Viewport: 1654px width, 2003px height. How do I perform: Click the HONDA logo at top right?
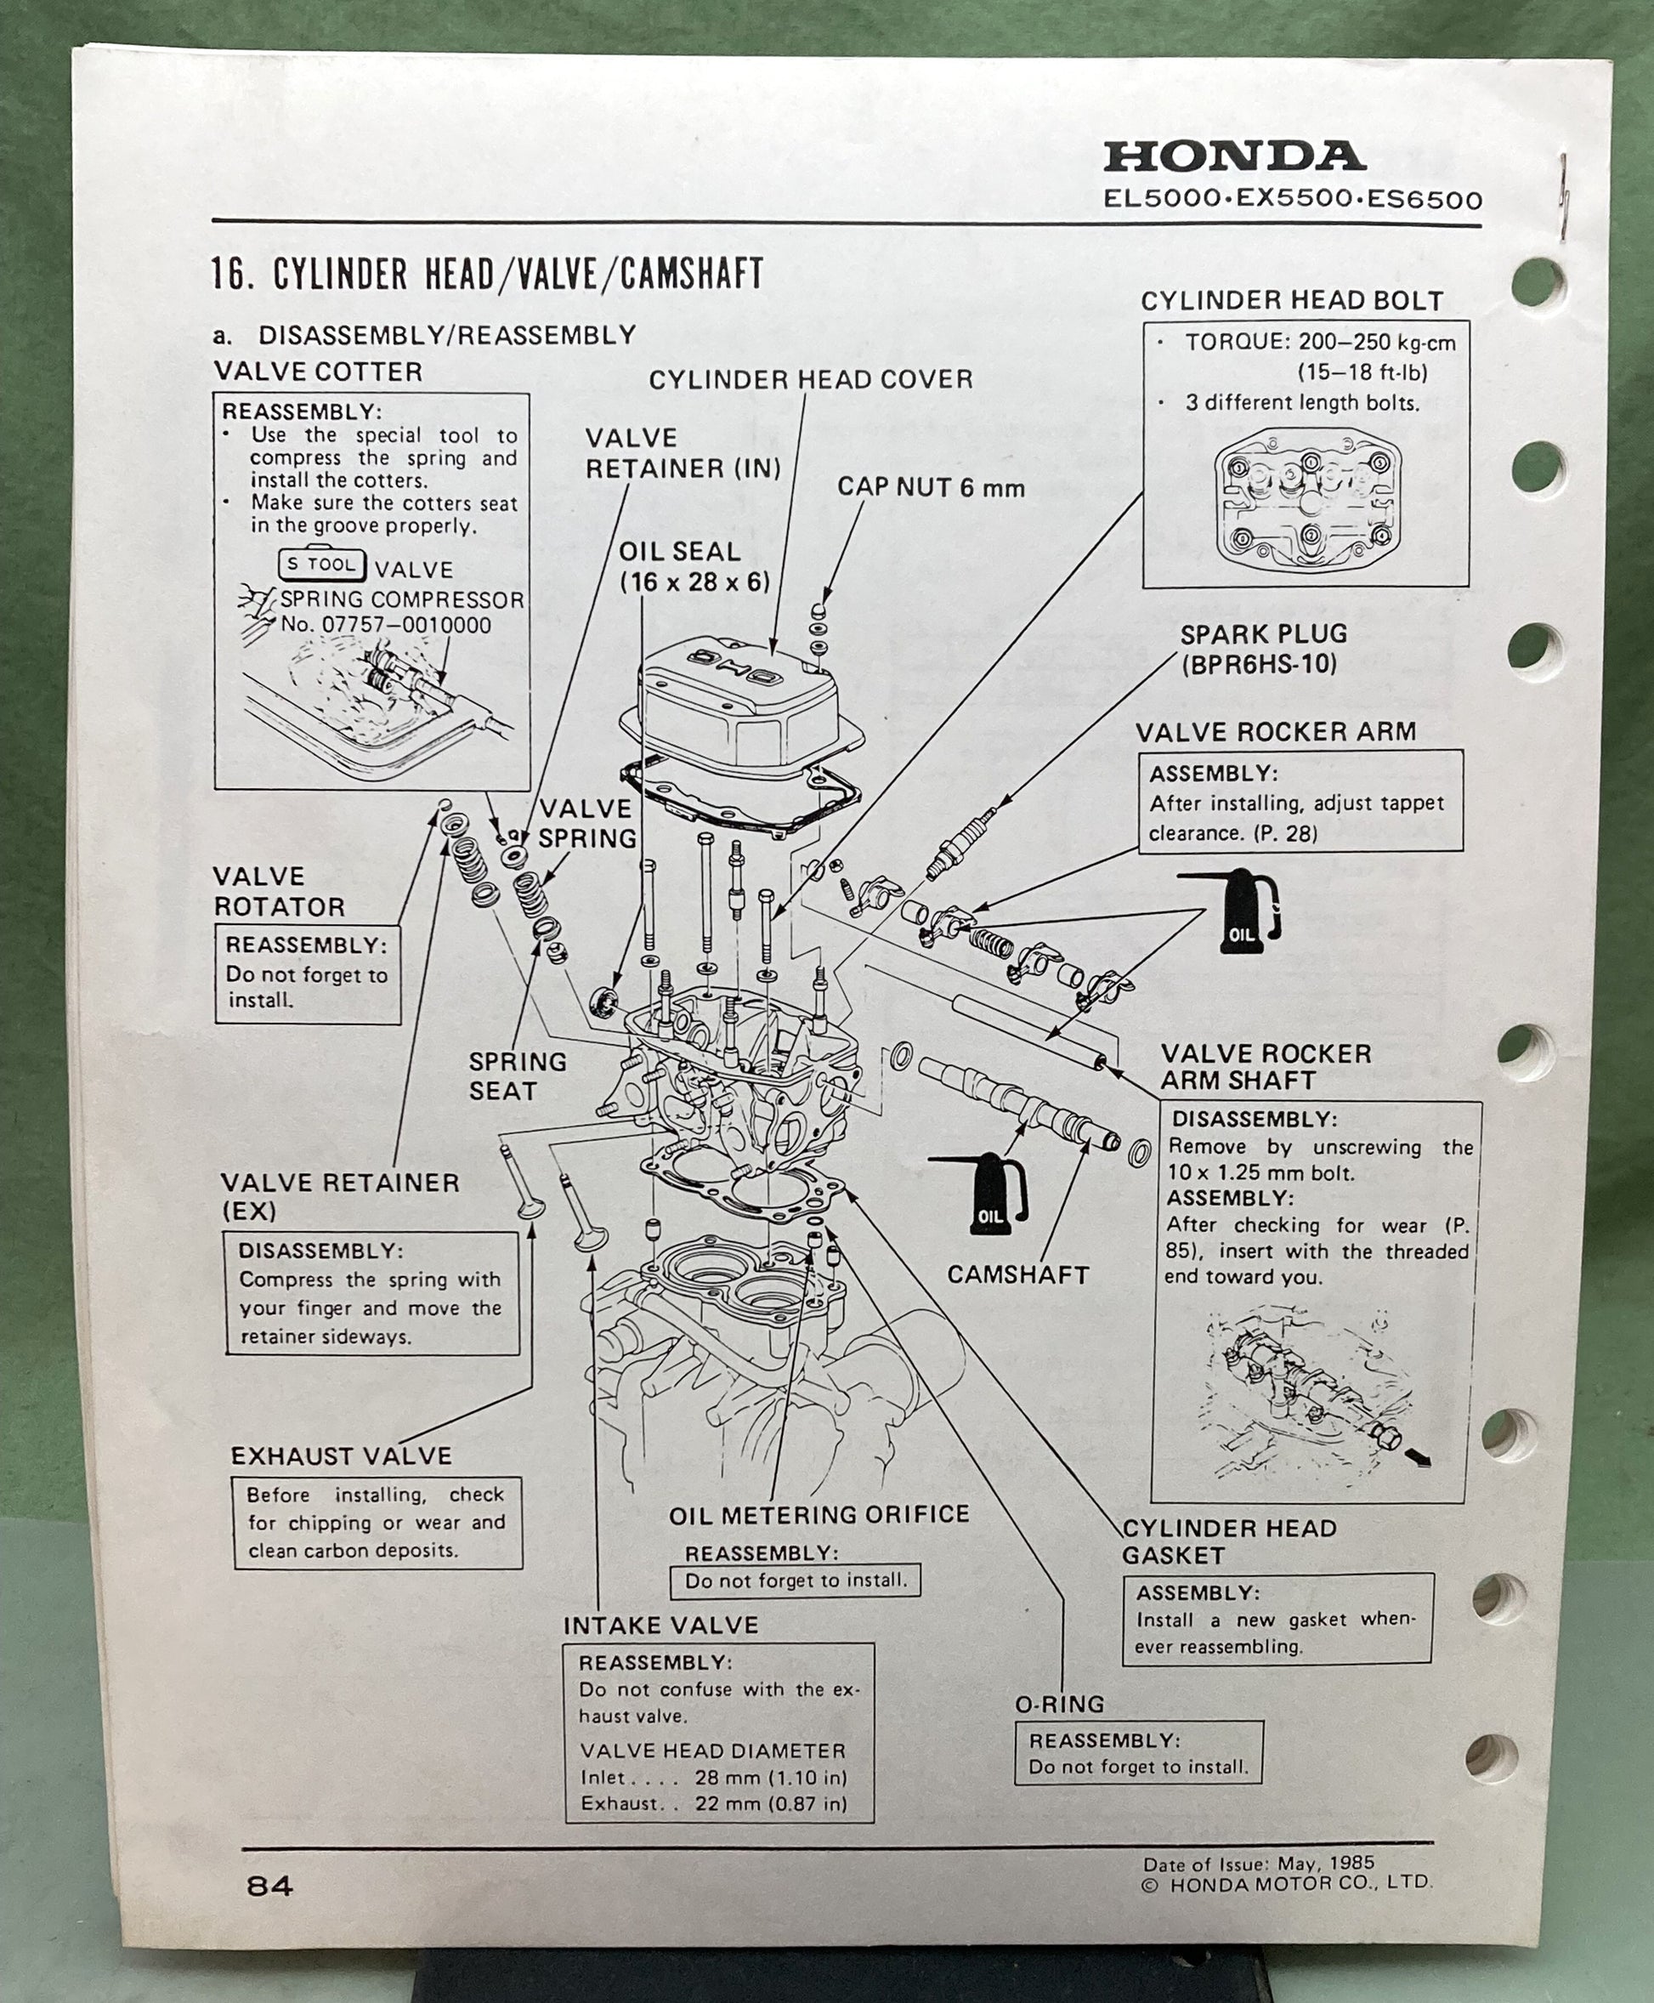1234,156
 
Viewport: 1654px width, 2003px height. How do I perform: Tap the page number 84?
269,1886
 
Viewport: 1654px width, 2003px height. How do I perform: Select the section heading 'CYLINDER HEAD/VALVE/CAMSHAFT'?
518,275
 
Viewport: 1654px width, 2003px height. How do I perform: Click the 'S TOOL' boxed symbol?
321,565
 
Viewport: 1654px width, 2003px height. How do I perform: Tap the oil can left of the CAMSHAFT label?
991,1192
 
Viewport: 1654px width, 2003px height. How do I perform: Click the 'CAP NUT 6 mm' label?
931,487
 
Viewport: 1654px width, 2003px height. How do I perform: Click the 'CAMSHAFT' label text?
1017,1275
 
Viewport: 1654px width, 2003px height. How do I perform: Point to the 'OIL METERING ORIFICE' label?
819,1514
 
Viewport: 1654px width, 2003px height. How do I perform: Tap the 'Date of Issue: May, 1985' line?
1259,1863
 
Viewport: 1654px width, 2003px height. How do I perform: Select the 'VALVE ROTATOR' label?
278,891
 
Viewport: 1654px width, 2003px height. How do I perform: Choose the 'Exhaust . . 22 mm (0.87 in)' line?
714,1803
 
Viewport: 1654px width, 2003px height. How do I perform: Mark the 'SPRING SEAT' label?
517,1075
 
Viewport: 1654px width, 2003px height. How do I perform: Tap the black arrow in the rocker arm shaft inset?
1418,1457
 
